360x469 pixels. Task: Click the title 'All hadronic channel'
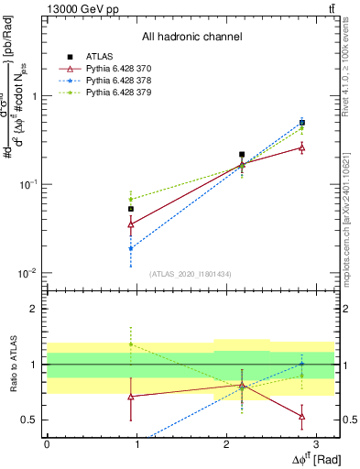click(x=191, y=37)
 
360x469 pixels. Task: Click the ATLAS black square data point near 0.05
click(x=131, y=209)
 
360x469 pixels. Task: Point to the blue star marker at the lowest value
click(x=131, y=248)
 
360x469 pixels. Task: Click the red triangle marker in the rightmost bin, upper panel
click(x=302, y=147)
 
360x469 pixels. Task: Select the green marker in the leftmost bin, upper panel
click(x=131, y=199)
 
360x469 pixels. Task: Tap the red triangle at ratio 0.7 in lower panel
click(x=131, y=397)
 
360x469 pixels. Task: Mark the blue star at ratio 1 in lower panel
click(x=302, y=364)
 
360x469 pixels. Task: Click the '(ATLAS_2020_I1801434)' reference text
click(x=191, y=274)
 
